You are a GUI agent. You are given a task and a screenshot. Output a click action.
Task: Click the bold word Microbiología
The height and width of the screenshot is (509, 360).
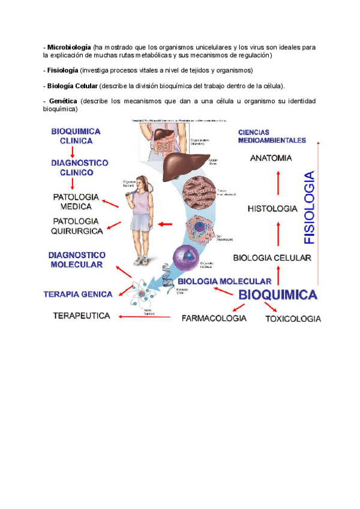(69, 46)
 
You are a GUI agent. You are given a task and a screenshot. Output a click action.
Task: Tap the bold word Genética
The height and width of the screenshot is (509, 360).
(62, 101)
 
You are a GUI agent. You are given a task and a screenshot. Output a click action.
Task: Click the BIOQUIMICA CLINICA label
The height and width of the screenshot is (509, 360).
(76, 136)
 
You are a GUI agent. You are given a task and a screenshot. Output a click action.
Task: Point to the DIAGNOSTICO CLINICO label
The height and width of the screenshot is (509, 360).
(79, 167)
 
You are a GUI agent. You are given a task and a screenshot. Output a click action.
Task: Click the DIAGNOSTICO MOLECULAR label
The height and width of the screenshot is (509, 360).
(76, 260)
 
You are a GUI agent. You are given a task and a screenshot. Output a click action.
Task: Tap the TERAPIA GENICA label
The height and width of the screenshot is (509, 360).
(77, 294)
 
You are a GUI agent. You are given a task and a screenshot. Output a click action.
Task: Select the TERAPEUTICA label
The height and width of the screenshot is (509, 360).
(82, 315)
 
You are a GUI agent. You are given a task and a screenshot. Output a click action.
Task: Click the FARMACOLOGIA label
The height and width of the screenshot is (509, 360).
(214, 318)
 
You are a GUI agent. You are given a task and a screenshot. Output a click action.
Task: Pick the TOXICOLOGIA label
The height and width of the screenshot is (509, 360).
(293, 319)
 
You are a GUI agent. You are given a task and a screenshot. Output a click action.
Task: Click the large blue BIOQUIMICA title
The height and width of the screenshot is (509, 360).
(278, 295)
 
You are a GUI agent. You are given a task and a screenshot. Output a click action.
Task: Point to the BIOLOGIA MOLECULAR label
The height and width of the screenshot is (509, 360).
(224, 281)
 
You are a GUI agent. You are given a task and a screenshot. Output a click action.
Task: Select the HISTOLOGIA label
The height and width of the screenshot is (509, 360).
(272, 209)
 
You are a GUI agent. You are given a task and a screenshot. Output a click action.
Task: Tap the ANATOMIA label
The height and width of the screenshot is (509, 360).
(271, 158)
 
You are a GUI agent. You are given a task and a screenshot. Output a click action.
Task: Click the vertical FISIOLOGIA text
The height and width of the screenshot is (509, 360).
(309, 208)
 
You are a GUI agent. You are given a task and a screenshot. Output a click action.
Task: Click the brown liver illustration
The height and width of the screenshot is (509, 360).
(184, 164)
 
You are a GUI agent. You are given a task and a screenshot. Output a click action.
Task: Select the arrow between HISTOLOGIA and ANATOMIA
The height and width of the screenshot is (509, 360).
(278, 183)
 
